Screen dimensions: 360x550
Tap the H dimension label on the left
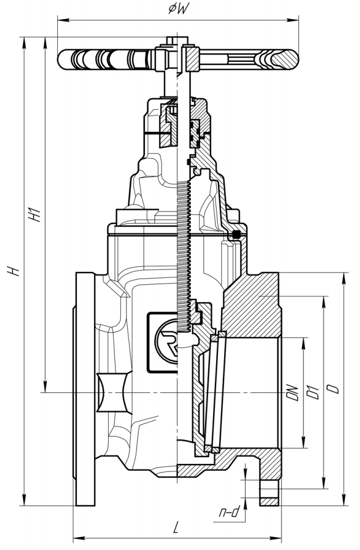[x=13, y=271]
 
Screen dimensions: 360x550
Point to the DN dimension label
[x=292, y=393]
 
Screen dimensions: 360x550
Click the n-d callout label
[x=229, y=512]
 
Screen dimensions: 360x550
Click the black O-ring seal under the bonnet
[x=237, y=234]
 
